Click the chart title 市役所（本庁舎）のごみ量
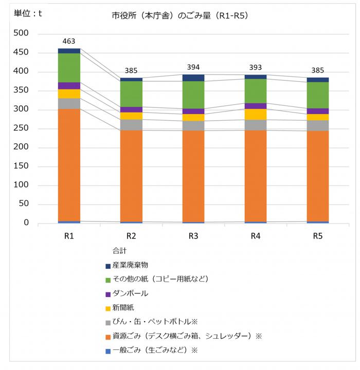(x=180, y=16)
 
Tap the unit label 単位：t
(x=28, y=14)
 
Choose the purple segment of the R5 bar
(x=318, y=111)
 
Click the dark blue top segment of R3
(x=193, y=78)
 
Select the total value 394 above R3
(x=193, y=66)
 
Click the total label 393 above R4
(x=256, y=67)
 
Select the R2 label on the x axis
(x=131, y=236)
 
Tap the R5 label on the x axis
(x=318, y=236)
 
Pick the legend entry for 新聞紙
(x=123, y=308)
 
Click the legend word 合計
(x=119, y=251)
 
